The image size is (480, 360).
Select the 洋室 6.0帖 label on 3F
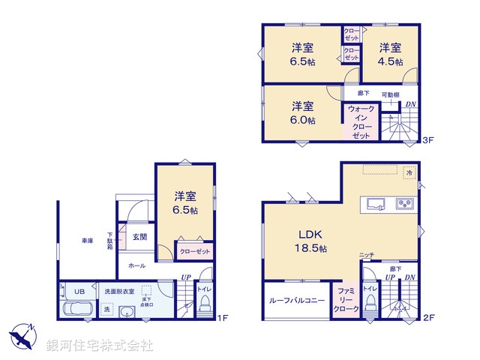click(x=303, y=112)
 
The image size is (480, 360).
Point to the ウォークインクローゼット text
click(x=360, y=121)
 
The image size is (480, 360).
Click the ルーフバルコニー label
click(x=296, y=301)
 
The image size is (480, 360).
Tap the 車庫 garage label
click(x=88, y=241)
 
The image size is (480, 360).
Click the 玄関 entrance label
click(x=139, y=237)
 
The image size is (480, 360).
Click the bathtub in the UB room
click(x=78, y=309)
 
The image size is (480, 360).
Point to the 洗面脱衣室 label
click(x=118, y=291)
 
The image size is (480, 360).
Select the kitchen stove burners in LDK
click(x=405, y=203)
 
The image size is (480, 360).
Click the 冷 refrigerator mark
click(x=409, y=172)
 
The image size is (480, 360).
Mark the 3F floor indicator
click(x=428, y=139)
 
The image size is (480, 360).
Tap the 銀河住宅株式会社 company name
click(x=100, y=346)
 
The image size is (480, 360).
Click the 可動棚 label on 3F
click(x=390, y=94)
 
